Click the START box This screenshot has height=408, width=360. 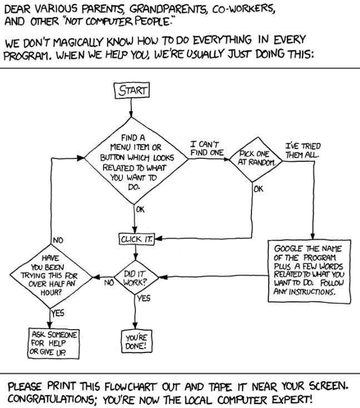pyautogui.click(x=132, y=91)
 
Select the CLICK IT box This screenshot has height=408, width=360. pyautogui.click(x=137, y=239)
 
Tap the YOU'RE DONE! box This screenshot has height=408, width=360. pyautogui.click(x=136, y=341)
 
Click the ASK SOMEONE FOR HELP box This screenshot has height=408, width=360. pyautogui.click(x=53, y=343)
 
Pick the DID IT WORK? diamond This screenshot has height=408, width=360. pyautogui.click(x=136, y=277)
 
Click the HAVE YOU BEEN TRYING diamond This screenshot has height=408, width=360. pyautogui.click(x=51, y=276)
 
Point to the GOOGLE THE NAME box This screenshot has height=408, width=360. pyautogui.click(x=309, y=271)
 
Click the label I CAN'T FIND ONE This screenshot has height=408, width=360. pyautogui.click(x=207, y=148)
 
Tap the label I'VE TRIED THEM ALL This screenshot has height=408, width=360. pyautogui.click(x=303, y=151)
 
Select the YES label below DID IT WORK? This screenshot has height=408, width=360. pyautogui.click(x=144, y=298)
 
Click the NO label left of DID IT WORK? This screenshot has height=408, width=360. pyautogui.click(x=109, y=282)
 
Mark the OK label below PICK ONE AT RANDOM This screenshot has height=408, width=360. pyautogui.click(x=258, y=188)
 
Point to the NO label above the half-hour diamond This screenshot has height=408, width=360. pyautogui.click(x=58, y=240)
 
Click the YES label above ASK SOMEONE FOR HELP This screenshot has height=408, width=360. pyautogui.click(x=57, y=313)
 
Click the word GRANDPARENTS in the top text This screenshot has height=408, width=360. pyautogui.click(x=167, y=9)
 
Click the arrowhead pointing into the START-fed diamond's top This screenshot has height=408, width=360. pyautogui.click(x=131, y=115)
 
